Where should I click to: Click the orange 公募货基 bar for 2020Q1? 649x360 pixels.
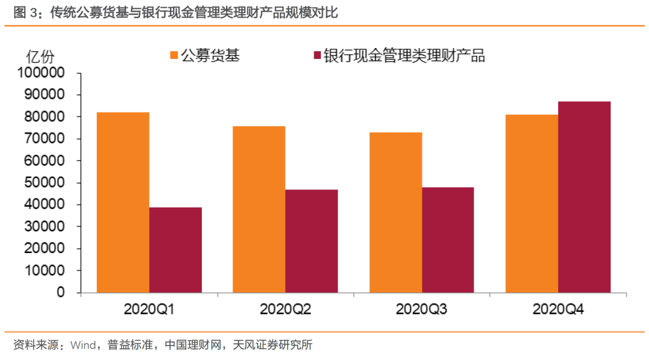click(x=123, y=203)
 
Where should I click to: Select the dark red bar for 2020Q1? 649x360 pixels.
click(x=175, y=250)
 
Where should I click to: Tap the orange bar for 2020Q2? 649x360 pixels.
click(x=259, y=209)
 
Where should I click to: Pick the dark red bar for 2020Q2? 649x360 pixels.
click(x=311, y=241)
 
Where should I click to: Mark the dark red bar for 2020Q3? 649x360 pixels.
click(x=448, y=240)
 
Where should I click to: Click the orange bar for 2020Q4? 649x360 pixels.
click(x=532, y=203)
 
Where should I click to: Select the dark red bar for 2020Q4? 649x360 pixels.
click(x=584, y=197)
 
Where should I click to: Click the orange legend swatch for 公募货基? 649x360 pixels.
click(x=174, y=56)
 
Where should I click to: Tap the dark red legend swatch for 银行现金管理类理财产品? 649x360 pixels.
click(x=317, y=56)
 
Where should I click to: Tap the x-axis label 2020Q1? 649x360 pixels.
click(x=149, y=310)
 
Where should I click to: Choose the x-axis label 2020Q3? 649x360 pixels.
click(x=421, y=310)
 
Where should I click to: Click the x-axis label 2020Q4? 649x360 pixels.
click(x=558, y=310)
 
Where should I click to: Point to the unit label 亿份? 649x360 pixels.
click(x=40, y=56)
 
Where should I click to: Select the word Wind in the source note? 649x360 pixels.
click(x=83, y=345)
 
